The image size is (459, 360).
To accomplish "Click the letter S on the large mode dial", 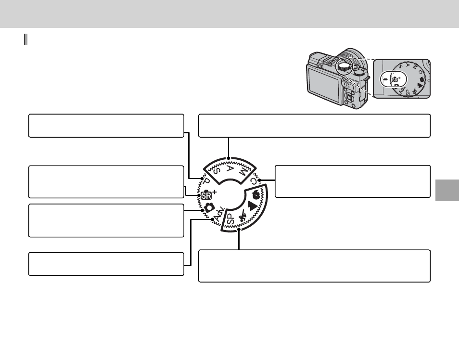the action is coord(217,171).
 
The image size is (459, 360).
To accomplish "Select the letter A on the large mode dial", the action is coord(230,168).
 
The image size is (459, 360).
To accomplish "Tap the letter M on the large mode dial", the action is coord(243,171).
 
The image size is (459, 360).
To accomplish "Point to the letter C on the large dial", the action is coord(254,181).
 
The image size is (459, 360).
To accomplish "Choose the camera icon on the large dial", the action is coord(209,207).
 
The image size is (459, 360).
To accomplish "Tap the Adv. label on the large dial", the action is coord(220,214).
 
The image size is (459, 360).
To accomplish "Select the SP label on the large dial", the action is coord(231,219).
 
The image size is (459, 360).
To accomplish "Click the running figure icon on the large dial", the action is coord(242,216).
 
